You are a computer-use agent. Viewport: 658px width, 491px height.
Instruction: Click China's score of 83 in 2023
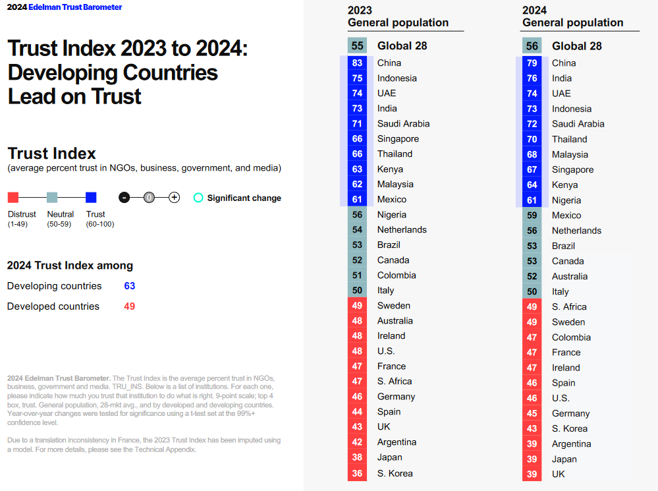pos(358,63)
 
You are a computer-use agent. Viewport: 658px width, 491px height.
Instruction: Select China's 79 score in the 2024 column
pos(532,63)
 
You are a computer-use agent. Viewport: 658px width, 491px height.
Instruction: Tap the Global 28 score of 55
pos(358,45)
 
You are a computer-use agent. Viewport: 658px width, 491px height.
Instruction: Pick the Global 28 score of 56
pos(532,46)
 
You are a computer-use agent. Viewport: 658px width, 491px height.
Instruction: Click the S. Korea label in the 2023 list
pos(395,473)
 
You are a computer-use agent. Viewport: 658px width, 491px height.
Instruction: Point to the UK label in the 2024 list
pos(559,474)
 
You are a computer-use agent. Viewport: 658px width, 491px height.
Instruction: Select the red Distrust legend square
pos(13,197)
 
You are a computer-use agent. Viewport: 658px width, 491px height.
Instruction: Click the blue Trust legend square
pos(91,197)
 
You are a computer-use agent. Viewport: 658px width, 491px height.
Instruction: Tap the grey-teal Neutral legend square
pos(52,197)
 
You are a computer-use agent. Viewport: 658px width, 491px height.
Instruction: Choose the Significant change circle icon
pos(198,198)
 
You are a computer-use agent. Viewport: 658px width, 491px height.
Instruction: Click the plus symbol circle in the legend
pos(174,197)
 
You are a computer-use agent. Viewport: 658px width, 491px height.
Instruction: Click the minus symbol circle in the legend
pos(124,197)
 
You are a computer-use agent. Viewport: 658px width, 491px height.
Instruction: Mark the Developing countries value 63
pos(130,286)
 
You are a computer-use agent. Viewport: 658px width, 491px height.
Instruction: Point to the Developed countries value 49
pos(130,306)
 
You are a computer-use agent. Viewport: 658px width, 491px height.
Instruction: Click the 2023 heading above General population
pos(360,10)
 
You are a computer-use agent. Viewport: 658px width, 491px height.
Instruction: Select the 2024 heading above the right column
pos(535,10)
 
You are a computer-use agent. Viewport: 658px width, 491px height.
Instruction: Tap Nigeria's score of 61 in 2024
pos(532,200)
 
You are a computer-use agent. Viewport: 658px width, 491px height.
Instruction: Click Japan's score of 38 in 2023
pos(358,457)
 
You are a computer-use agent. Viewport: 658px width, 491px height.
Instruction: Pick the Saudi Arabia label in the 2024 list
pos(578,124)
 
